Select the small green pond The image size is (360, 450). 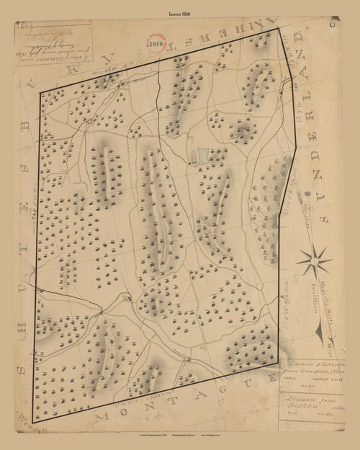(202, 153)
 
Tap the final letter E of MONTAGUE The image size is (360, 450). (272, 379)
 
